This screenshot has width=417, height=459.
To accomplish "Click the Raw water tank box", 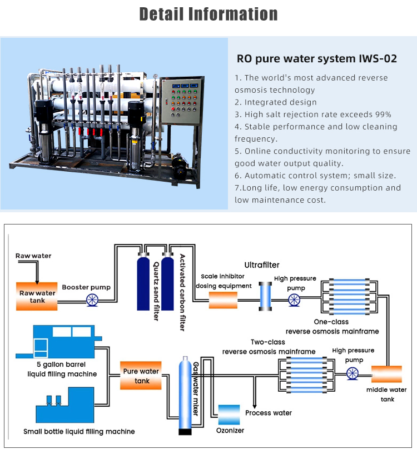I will click(x=38, y=296).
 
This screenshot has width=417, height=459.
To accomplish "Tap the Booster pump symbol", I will click(x=93, y=301).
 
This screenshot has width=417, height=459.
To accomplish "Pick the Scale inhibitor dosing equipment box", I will click(x=223, y=300).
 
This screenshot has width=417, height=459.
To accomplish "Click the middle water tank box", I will click(x=386, y=373).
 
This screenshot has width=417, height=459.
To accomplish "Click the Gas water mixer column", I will click(x=184, y=395).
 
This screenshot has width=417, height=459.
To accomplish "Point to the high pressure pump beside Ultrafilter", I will click(x=294, y=301).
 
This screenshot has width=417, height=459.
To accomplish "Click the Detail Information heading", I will click(x=208, y=14).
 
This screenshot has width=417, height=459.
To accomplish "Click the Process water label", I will click(x=269, y=413).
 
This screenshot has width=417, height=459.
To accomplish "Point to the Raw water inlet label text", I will click(x=33, y=256).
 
